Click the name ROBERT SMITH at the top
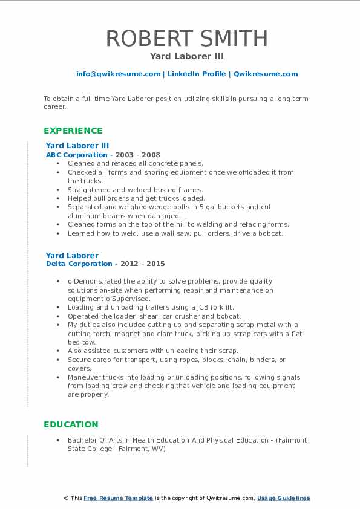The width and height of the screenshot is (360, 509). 186,38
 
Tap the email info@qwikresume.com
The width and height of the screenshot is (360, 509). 118,74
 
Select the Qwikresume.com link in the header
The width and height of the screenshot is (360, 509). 266,74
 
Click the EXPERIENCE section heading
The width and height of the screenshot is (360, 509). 73,131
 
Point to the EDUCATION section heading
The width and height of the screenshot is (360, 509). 71,424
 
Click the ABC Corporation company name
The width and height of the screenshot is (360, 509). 76,155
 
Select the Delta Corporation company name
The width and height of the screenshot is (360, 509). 79,264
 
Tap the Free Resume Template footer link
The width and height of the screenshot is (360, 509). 118,498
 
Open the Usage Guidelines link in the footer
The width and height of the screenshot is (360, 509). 283,498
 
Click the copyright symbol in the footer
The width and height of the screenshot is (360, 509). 66,498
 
